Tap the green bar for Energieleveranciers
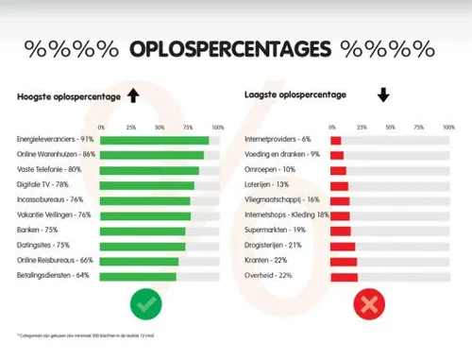pos(154,140)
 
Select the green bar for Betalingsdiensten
pos(138,276)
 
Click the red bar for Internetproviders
pos(335,140)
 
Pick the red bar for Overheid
pos(344,276)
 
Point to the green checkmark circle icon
pos(148,305)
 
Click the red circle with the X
pos(368,305)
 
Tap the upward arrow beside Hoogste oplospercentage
pos(132,95)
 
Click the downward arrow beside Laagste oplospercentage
pos(383,95)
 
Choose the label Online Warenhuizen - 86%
pos(56,155)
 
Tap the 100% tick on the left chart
pos(217,127)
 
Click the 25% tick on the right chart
pos(361,127)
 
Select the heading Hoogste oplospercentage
pos(66,96)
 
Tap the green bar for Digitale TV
pos(146,185)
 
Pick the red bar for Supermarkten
pos(341,231)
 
